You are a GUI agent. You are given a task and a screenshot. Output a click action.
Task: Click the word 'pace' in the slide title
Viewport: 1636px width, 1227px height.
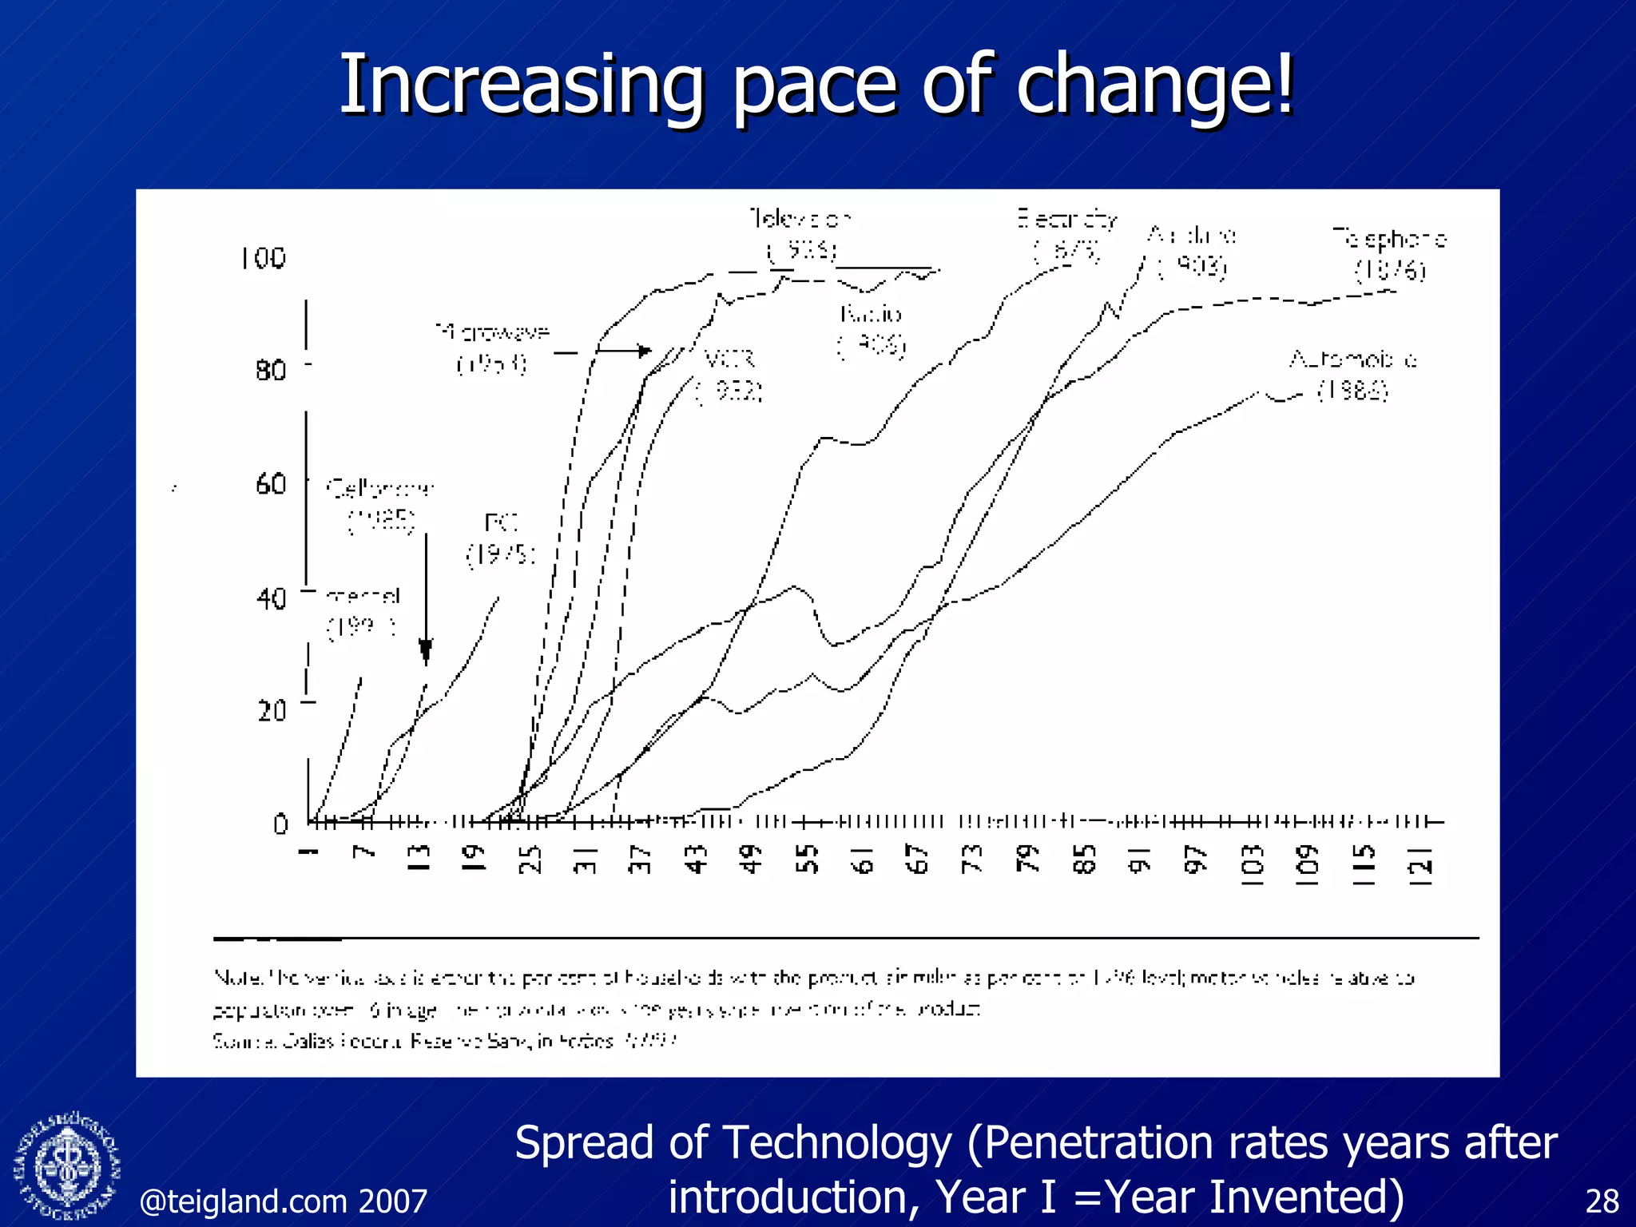click(x=817, y=85)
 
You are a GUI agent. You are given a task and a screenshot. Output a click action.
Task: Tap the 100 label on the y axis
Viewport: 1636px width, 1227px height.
click(x=263, y=258)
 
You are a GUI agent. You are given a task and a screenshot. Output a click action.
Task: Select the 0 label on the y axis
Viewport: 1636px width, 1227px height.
click(x=280, y=824)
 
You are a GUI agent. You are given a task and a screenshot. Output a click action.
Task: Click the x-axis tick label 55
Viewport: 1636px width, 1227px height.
click(x=808, y=860)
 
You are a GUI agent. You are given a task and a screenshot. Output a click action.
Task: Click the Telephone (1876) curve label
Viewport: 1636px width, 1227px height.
click(x=1389, y=254)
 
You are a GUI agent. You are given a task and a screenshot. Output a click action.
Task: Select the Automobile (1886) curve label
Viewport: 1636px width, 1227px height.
click(x=1353, y=375)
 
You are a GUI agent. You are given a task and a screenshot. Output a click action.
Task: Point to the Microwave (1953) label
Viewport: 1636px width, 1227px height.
click(x=493, y=348)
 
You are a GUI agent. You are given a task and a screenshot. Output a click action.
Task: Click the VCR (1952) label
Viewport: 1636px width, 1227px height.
click(x=729, y=375)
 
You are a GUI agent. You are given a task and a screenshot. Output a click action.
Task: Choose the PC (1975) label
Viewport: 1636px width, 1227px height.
click(x=501, y=539)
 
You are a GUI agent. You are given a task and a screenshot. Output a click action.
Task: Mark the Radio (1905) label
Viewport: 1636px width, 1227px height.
click(x=871, y=329)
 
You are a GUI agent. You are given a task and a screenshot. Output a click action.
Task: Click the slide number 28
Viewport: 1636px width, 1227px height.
click(x=1602, y=1201)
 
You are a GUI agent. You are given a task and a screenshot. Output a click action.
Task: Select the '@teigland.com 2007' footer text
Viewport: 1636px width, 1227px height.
click(x=284, y=1201)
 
